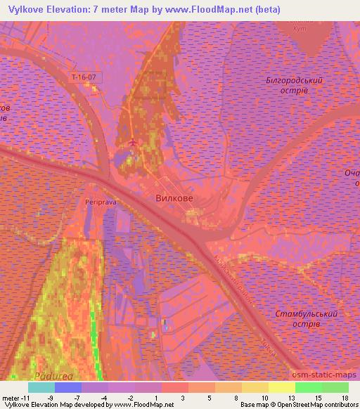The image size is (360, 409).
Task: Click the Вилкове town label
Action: coord(174,199)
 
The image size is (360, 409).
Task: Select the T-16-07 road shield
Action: coord(86,76)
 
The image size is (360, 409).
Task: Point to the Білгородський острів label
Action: coord(294,86)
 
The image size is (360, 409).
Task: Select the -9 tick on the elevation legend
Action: coord(50,397)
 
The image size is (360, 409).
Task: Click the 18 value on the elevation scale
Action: coord(344,397)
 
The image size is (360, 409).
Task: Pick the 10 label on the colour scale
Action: coord(264,397)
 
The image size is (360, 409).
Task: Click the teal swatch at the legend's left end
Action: coord(41,387)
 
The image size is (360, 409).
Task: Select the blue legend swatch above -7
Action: coord(67,387)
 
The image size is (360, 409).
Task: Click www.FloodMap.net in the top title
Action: coord(210,10)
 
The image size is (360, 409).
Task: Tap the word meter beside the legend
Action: coord(11,397)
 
